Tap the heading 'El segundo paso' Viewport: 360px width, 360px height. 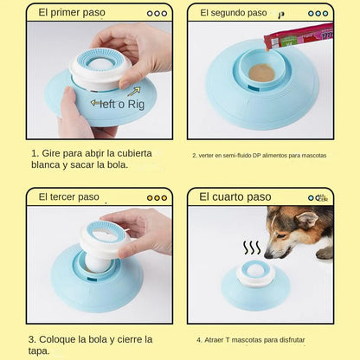(x=233, y=13)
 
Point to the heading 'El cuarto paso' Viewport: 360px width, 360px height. (x=235, y=196)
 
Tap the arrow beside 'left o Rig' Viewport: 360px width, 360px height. (x=134, y=90)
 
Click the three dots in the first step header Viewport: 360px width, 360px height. (x=157, y=13)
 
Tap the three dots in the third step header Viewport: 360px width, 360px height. (x=157, y=197)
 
